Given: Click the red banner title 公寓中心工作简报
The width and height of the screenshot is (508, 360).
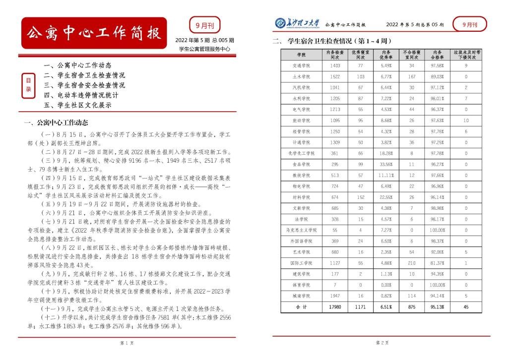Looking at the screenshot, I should point(93,34).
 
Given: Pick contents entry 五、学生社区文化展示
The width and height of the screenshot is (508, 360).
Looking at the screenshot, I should point(77,105).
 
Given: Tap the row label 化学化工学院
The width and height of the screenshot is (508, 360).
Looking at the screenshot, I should point(302,153).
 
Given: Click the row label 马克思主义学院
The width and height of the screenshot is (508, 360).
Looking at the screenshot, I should point(302,230).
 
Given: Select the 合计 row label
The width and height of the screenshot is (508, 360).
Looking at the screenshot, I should point(302,307).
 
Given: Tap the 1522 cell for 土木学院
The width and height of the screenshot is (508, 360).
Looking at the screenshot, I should point(335,76).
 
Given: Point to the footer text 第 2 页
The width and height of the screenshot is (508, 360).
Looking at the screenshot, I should point(381,343).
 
